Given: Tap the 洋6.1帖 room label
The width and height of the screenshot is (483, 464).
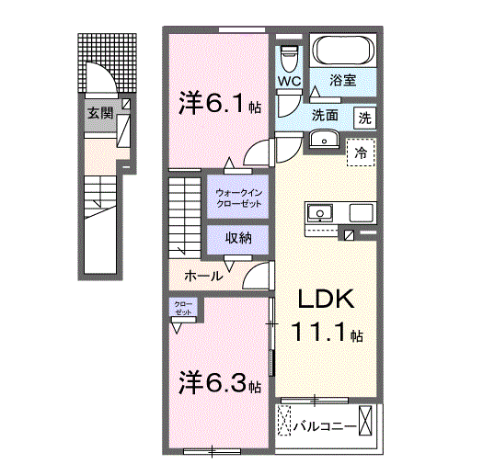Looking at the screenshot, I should click(220, 104).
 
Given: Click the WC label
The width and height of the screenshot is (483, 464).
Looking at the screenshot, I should click(289, 81).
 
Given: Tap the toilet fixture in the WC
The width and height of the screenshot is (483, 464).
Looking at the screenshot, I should click(290, 57).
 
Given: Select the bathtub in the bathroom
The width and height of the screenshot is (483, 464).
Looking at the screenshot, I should click(342, 50).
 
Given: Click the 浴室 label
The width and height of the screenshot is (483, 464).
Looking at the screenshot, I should click(344, 81).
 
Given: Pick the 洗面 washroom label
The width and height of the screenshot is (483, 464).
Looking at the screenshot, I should click(323, 117).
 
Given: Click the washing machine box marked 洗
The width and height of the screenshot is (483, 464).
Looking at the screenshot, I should click(365, 117).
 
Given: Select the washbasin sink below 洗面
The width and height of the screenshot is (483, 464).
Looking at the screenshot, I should click(324, 139).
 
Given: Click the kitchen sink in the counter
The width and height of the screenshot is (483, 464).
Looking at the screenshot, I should click(321, 212).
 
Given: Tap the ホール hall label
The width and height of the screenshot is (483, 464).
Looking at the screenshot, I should click(202, 276).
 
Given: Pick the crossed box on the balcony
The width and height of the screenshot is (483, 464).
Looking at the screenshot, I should click(368, 424).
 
